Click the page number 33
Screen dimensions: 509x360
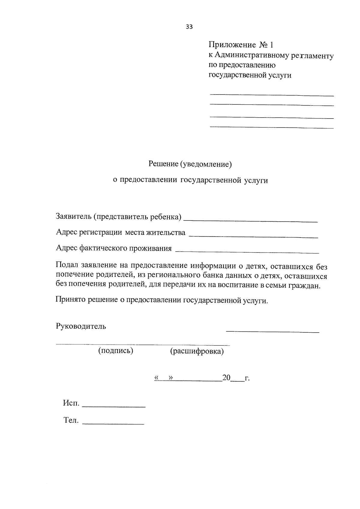pyautogui.click(x=189, y=27)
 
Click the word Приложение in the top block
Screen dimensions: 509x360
pyautogui.click(x=232, y=45)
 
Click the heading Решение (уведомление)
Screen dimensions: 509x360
pyautogui.click(x=190, y=164)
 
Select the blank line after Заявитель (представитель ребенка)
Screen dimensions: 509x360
pyautogui.click(x=250, y=221)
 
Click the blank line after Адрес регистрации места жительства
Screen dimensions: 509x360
pyautogui.click(x=253, y=237)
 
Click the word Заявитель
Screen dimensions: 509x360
pyautogui.click(x=73, y=217)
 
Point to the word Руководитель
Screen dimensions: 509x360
pyautogui.click(x=81, y=326)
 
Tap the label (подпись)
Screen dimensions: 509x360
pyautogui.click(x=115, y=351)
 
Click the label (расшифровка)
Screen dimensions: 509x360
pyautogui.click(x=197, y=351)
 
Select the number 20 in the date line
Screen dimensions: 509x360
pyautogui.click(x=226, y=378)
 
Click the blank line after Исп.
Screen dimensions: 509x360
pyautogui.click(x=113, y=406)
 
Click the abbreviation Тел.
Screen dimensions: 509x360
pyautogui.click(x=71, y=420)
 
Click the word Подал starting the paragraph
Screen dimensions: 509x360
pyautogui.click(x=66, y=265)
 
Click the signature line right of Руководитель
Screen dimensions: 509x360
pyautogui.click(x=272, y=331)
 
